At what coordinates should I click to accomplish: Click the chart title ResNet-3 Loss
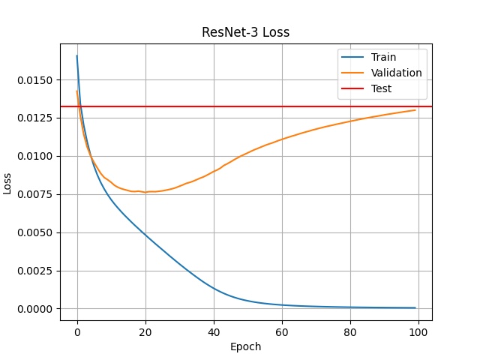245,33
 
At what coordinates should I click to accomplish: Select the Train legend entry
383,57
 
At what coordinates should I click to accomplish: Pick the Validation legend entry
396,73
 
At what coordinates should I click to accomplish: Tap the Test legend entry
381,88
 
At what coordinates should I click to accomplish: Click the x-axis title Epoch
245,346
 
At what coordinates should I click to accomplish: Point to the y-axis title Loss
8,183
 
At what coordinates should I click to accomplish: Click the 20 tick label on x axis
145,331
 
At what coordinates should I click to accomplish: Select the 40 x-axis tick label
214,331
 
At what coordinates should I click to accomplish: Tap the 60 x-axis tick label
282,331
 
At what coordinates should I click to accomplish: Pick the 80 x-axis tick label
350,331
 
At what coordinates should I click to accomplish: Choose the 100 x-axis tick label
418,331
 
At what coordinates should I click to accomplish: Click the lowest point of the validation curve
145,192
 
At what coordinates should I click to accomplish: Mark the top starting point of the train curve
77,55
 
